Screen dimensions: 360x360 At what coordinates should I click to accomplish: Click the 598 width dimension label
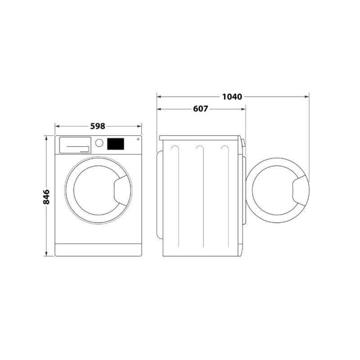point(98,126)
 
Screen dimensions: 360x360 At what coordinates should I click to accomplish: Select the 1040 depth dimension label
point(232,96)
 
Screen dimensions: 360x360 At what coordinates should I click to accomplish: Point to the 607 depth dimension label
point(201,109)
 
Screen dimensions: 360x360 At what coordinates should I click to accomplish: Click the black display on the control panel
point(116,144)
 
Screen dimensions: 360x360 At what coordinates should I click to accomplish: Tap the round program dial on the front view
point(99,143)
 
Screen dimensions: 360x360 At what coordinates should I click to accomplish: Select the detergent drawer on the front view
point(75,144)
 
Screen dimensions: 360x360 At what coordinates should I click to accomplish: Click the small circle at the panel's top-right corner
point(138,139)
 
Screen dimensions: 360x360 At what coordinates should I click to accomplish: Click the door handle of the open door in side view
point(299,190)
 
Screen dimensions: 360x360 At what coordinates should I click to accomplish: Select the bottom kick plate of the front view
point(98,250)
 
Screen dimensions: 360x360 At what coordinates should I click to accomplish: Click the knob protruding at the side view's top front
point(243,143)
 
